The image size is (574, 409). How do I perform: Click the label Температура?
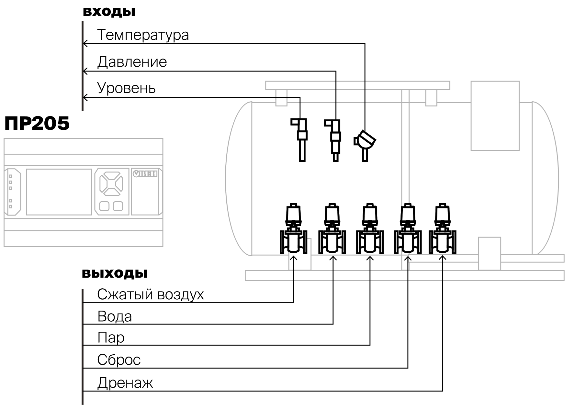pyautogui.click(x=143, y=35)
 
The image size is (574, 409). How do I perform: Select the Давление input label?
pyautogui.click(x=132, y=62)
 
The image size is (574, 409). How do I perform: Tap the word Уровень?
pyautogui.click(x=126, y=88)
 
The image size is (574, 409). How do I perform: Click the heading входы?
pyautogui.click(x=109, y=12)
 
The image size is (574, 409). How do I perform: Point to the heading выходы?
pyautogui.click(x=115, y=273)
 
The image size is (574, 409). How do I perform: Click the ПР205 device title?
pyautogui.click(x=37, y=123)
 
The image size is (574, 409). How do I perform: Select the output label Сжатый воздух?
pyautogui.click(x=151, y=295)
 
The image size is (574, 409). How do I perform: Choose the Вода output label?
pyautogui.click(x=115, y=316)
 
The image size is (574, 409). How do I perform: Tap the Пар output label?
pyautogui.click(x=111, y=337)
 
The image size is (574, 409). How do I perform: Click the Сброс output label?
pyautogui.click(x=119, y=359)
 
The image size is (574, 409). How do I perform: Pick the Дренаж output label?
pyautogui.click(x=125, y=383)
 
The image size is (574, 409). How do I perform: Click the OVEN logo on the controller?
pyautogui.click(x=145, y=174)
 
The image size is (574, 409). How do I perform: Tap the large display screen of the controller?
pyautogui.click(x=59, y=192)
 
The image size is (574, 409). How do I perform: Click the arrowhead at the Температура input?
pyautogui.click(x=85, y=43)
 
